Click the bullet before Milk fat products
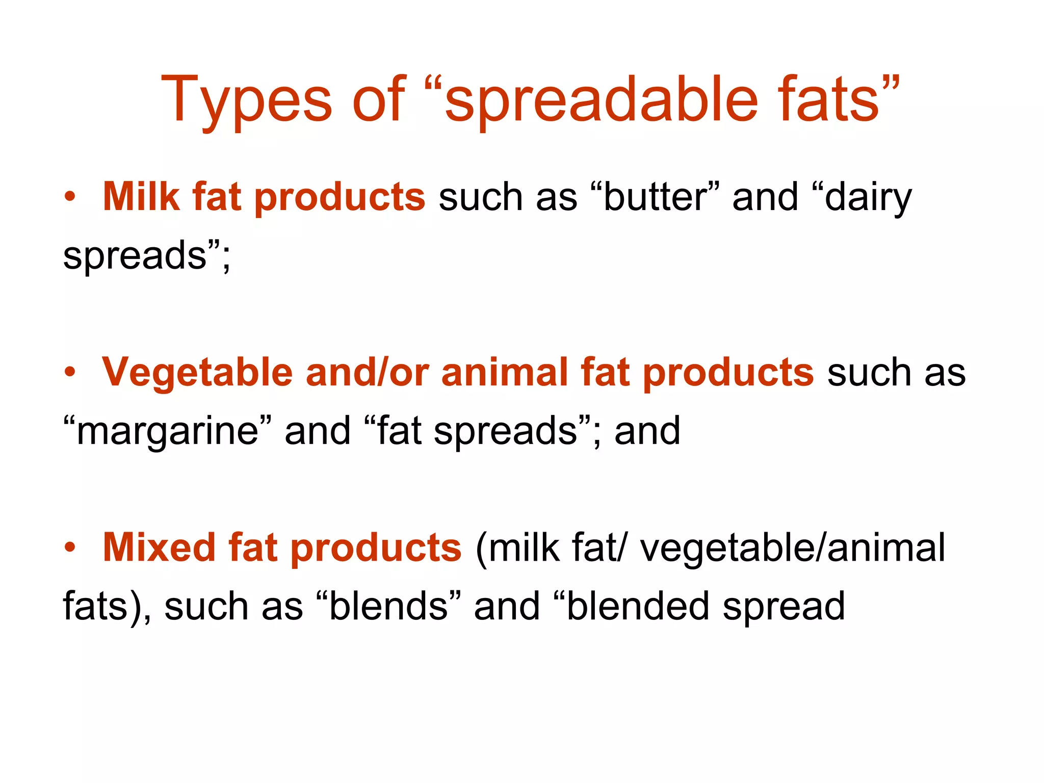[70, 197]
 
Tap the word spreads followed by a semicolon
[135, 256]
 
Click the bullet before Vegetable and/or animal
[70, 373]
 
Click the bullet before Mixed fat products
[70, 548]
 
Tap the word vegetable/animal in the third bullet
[793, 549]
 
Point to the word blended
[638, 606]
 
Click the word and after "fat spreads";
[647, 431]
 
